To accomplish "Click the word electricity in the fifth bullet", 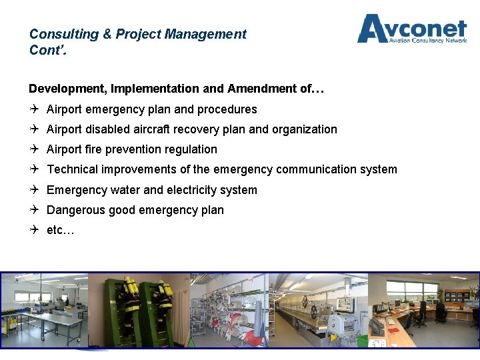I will click(x=200, y=190).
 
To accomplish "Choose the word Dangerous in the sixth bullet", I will click(x=75, y=210).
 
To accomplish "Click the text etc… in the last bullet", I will click(x=60, y=231).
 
